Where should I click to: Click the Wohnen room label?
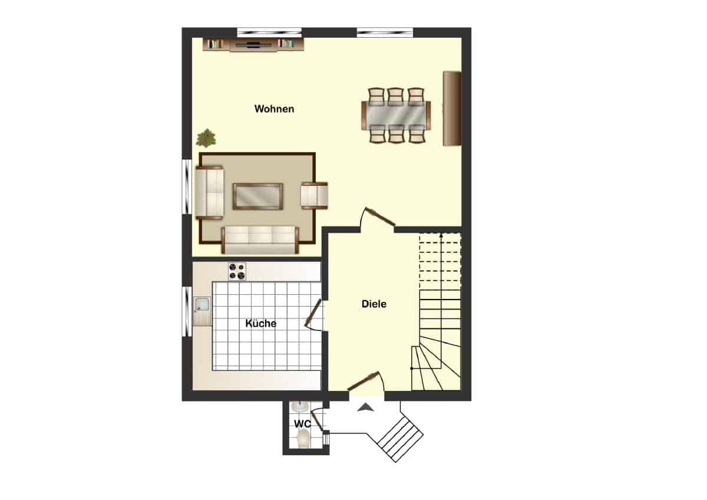[274, 109]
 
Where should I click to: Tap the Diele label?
[374, 304]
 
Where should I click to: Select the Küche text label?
[260, 323]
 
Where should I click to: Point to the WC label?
[302, 424]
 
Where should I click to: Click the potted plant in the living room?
[206, 138]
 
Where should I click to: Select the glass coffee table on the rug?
[257, 196]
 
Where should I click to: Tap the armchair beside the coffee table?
[315, 196]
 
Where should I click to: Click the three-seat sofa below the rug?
[260, 240]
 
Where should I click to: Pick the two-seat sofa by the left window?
[210, 193]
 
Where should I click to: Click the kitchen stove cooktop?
[237, 271]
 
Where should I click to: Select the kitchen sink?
[202, 304]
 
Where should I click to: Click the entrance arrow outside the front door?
[365, 407]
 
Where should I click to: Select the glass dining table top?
[396, 116]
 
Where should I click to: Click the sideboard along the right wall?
[452, 108]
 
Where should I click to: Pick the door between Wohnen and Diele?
[380, 216]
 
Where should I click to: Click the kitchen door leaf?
[313, 313]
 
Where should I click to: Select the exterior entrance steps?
[400, 439]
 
